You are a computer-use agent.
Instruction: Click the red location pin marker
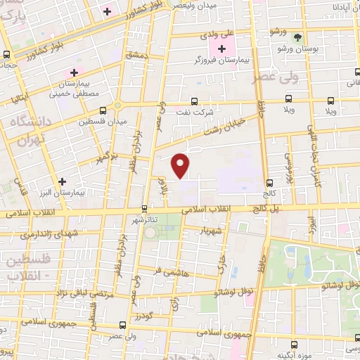tap(181, 165)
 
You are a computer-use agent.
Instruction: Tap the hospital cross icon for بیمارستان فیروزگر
tap(222, 49)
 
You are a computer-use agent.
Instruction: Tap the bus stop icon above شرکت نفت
tap(195, 101)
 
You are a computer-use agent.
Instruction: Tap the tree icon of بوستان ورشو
tap(297, 37)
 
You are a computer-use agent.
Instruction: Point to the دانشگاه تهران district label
tap(30, 131)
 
